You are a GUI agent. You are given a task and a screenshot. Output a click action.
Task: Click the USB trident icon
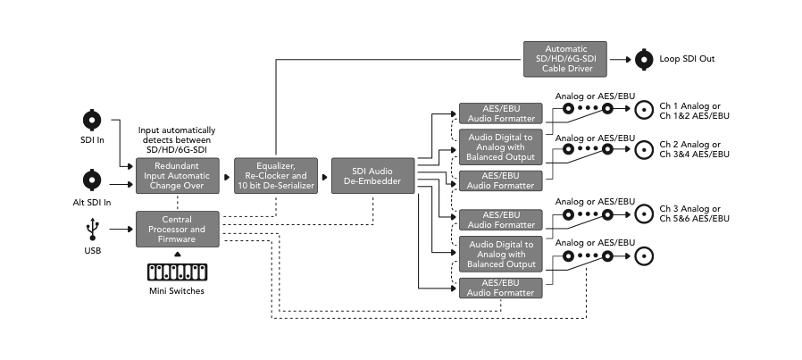click(92, 230)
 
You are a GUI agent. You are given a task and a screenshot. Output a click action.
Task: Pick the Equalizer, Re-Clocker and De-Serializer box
click(275, 176)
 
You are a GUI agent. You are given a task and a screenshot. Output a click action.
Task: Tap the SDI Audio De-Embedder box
click(373, 176)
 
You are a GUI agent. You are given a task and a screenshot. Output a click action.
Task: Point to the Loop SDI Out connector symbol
click(643, 60)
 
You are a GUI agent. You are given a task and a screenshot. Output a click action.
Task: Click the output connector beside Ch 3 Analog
click(643, 213)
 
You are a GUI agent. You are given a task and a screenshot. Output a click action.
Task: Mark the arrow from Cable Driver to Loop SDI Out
click(621, 60)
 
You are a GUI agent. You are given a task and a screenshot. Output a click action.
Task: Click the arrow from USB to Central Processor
click(120, 230)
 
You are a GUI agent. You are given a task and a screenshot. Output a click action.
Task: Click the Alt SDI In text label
click(92, 203)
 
